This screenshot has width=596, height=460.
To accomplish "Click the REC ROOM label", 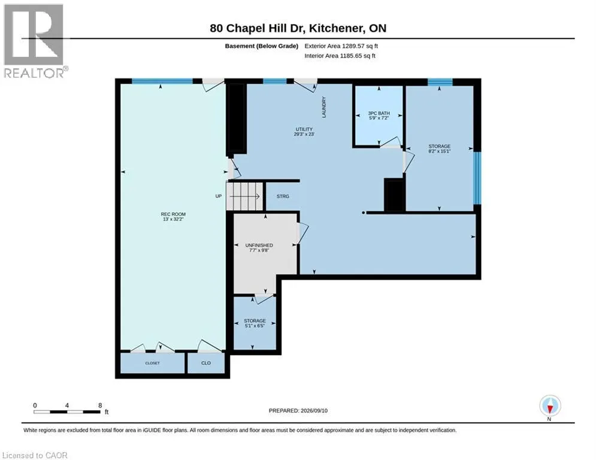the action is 173,217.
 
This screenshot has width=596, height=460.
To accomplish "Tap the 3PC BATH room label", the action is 379,116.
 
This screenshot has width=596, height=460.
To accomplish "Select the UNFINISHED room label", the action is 259,248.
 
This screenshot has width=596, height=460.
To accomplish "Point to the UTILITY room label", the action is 304,132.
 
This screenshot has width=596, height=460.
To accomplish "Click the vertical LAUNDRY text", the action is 324,107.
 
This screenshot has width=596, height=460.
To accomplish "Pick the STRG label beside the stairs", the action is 283,196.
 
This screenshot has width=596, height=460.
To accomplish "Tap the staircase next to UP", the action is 245,196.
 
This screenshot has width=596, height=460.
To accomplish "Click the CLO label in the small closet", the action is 206,363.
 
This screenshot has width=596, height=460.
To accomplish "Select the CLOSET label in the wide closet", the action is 152,363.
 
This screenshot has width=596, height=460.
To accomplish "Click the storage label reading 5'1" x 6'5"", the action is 255,323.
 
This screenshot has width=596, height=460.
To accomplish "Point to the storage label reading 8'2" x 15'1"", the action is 440,149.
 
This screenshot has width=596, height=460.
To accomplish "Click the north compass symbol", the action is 550,407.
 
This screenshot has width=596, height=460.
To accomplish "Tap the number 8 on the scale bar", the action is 100,405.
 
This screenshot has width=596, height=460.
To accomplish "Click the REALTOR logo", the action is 34,41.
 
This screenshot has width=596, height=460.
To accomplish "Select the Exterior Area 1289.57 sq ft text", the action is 341,46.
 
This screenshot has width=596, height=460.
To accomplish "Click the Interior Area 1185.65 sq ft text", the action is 340,56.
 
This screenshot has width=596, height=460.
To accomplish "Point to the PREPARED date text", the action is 298,410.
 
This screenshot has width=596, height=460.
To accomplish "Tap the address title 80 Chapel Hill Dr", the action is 258,28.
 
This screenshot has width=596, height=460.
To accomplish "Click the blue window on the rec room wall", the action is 162,81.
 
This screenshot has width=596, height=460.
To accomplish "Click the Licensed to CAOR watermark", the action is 35,455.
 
